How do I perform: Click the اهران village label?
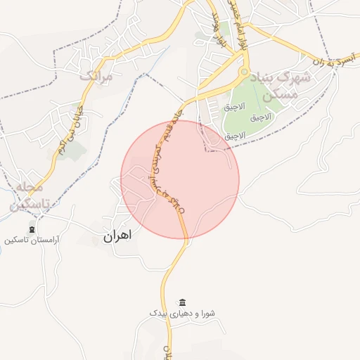click(x=117, y=237)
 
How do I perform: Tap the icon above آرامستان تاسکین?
click(x=32, y=229)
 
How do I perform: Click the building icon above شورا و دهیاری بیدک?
click(x=183, y=302)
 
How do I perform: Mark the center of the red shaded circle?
click(x=180, y=179)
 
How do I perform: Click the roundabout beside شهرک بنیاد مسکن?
click(x=245, y=72)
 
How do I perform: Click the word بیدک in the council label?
click(x=159, y=312)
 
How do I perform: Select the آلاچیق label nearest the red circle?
click(x=235, y=134)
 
